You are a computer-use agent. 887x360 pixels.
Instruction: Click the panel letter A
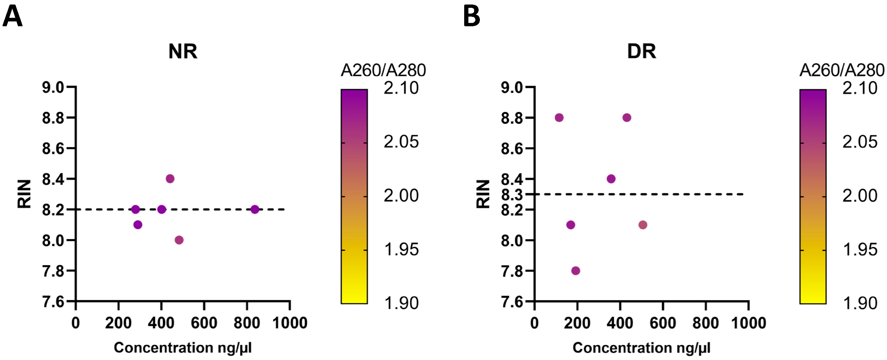pos(12,17)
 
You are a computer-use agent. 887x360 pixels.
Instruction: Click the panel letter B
pos(471,17)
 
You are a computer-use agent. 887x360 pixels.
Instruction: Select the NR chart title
pos(183,52)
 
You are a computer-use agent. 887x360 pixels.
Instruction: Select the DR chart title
pos(642,52)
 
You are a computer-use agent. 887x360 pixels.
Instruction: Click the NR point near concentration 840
pos(254,209)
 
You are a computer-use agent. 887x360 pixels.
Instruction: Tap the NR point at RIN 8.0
pos(179,240)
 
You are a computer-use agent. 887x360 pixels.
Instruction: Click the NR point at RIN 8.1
pos(138,225)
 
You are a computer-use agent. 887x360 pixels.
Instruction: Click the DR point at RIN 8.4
pos(611,179)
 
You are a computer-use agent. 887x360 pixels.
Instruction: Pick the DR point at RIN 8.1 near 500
pos(643,225)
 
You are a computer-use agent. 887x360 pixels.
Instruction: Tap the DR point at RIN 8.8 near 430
pos(627,118)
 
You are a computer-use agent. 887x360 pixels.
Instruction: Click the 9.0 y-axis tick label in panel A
pos(53,88)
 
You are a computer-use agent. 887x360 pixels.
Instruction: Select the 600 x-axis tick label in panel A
pos(204,323)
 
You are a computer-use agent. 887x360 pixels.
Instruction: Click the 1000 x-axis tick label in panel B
pos(748,323)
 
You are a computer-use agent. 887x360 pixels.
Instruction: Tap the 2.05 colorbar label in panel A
pos(401,142)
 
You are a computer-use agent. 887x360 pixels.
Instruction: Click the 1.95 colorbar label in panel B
pos(860,250)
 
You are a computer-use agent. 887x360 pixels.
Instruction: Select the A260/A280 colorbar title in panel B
pos(841,70)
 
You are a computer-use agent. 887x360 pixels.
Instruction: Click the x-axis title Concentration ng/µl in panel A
pos(183,348)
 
